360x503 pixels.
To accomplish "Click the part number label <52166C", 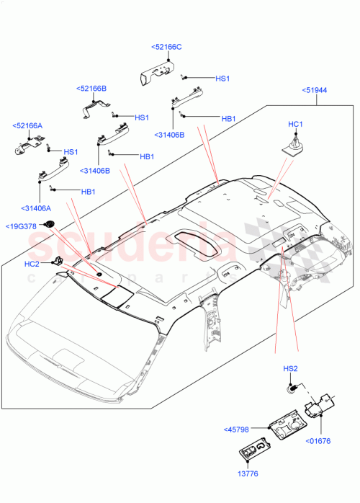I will click(x=167, y=47).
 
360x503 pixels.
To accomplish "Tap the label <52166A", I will click(x=27, y=125).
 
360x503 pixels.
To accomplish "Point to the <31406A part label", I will click(x=37, y=208).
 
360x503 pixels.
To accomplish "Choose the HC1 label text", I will click(x=294, y=125).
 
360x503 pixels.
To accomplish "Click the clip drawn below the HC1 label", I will click(x=291, y=148).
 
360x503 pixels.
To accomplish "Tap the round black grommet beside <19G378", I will click(x=50, y=224).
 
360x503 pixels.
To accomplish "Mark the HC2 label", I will click(x=32, y=264).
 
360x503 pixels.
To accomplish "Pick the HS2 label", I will click(x=289, y=369).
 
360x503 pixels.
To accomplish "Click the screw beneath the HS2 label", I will click(x=292, y=389).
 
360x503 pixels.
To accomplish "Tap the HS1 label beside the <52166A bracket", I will click(x=71, y=152).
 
